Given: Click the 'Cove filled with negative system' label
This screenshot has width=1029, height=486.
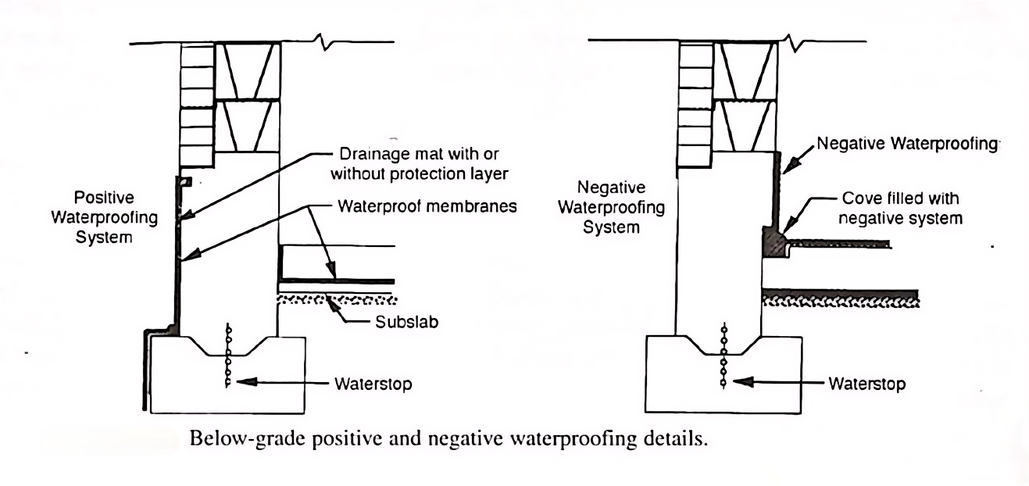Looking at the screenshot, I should point(899,209).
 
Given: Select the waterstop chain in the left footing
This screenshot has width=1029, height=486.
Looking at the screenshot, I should point(229,356).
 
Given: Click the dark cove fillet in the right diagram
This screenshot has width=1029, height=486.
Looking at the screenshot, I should point(773,241).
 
